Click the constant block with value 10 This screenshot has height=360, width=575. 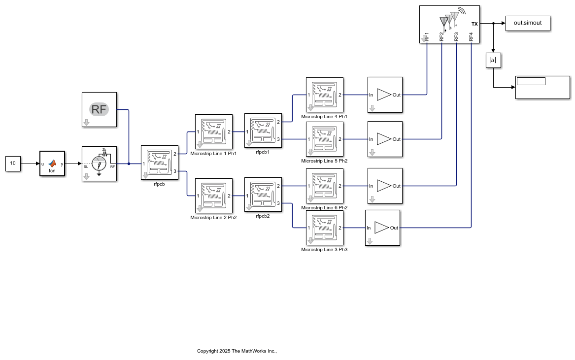(13, 164)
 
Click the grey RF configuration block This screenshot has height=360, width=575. (99, 109)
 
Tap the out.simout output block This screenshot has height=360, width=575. (527, 24)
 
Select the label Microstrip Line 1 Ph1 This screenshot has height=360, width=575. (213, 153)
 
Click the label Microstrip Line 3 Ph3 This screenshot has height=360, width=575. (324, 249)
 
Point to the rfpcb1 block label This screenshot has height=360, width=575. (263, 152)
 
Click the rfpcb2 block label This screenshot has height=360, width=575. (263, 216)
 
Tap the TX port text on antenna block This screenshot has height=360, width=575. (474, 24)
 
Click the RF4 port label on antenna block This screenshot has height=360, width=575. (471, 36)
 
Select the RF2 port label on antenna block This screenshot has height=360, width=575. (441, 36)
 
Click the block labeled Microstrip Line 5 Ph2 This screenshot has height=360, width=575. (324, 139)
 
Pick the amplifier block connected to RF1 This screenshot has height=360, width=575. (385, 95)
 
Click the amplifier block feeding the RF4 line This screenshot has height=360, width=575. (382, 228)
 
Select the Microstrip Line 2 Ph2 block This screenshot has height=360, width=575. (213, 196)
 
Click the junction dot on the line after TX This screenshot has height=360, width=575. (493, 24)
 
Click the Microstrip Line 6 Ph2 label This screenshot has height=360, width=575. (324, 207)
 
